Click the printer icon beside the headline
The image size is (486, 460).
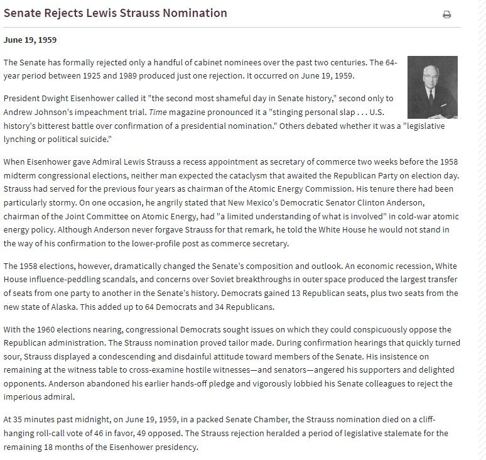446,15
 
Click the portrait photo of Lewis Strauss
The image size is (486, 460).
433,87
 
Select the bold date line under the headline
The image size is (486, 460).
30,40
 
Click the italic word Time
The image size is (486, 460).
154,111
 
